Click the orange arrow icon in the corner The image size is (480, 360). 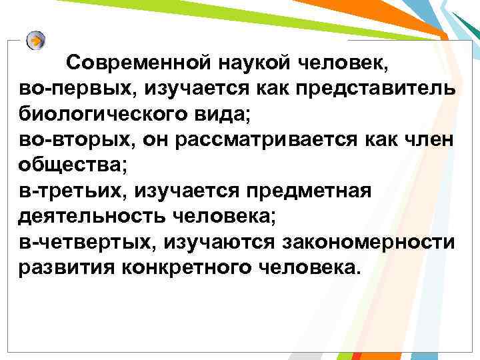(x=37, y=39)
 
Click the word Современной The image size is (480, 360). (x=139, y=65)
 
